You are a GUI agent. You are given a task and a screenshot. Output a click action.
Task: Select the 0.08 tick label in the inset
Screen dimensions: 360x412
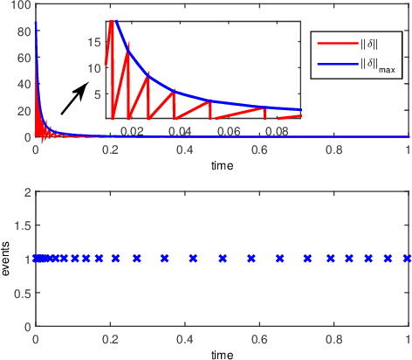coord(276,129)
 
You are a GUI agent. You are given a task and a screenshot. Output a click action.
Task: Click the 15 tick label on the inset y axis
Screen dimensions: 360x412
coord(96,40)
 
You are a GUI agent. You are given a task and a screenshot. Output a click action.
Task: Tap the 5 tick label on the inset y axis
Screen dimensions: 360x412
coord(99,92)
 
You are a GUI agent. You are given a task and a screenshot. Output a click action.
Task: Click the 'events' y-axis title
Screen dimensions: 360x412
coord(7,259)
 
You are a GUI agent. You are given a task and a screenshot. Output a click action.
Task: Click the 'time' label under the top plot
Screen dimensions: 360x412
coord(222,164)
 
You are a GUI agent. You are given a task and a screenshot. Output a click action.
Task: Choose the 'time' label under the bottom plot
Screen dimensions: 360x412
coord(222,355)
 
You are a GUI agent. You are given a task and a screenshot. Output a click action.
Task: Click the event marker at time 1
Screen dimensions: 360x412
coord(407,259)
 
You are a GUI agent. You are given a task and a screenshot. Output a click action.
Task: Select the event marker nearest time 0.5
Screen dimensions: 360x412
coord(223,259)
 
